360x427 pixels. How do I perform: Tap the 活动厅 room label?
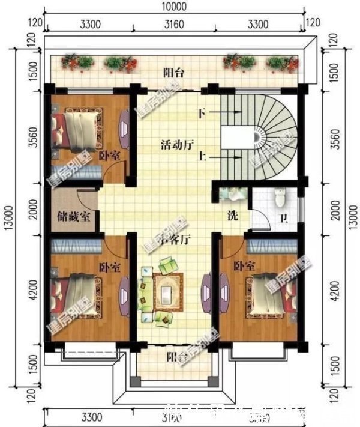(176, 145)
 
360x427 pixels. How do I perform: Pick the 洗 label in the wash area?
(232, 216)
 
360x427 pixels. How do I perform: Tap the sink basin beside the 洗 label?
(230, 195)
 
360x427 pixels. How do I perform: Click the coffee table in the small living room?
(166, 293)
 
